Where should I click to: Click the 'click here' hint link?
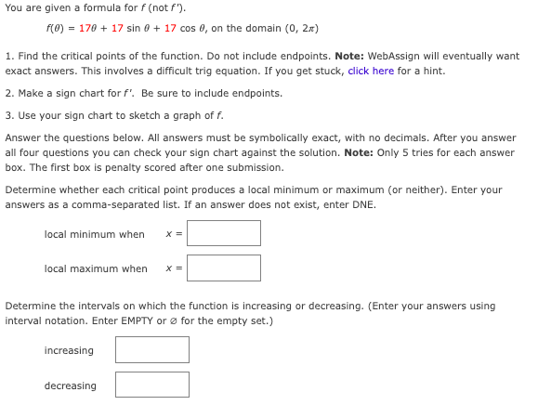[371, 72]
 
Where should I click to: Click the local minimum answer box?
[223, 233]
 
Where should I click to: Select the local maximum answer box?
[223, 268]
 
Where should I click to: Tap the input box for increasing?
[151, 349]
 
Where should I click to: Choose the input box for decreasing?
[151, 385]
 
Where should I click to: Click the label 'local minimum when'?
[94, 234]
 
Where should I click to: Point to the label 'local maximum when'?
[96, 268]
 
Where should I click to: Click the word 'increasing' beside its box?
[69, 350]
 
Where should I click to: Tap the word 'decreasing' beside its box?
[70, 385]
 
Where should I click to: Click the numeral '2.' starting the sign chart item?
[8, 94]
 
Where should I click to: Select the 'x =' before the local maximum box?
[172, 268]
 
